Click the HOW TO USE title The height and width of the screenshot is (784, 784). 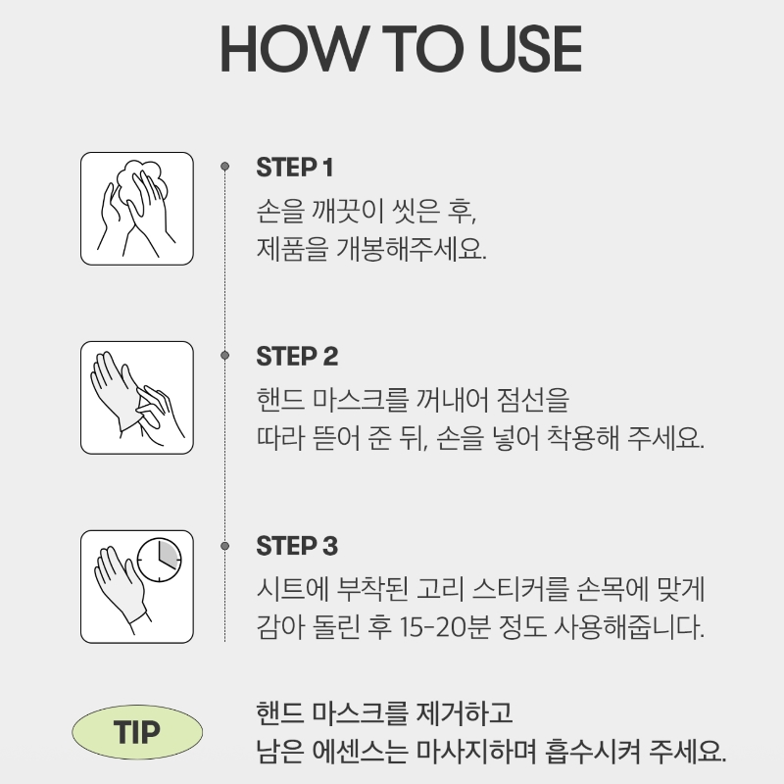pyautogui.click(x=401, y=49)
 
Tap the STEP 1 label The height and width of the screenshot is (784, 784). pyautogui.click(x=295, y=168)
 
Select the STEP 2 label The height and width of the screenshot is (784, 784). pyautogui.click(x=297, y=357)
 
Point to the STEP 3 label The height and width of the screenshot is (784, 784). pyautogui.click(x=297, y=546)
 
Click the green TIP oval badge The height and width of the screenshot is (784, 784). pyautogui.click(x=137, y=732)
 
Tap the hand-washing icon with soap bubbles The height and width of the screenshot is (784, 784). pyautogui.click(x=137, y=209)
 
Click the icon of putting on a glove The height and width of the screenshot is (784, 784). pyautogui.click(x=137, y=398)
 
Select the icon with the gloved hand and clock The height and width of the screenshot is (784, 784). pyautogui.click(x=137, y=587)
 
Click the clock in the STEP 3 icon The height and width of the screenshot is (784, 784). pyautogui.click(x=159, y=560)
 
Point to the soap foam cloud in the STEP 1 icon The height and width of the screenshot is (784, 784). pyautogui.click(x=141, y=182)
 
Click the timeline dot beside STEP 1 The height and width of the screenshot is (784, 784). pyautogui.click(x=225, y=166)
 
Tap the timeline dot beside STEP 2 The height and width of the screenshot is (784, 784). pyautogui.click(x=225, y=356)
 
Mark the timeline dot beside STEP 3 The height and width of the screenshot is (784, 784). pyautogui.click(x=225, y=546)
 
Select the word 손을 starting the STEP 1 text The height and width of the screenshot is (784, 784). pyautogui.click(x=280, y=211)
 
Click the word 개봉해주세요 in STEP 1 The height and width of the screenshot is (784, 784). pyautogui.click(x=411, y=249)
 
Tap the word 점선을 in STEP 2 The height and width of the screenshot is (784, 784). pyautogui.click(x=533, y=400)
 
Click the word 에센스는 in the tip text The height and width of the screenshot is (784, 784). pyautogui.click(x=360, y=751)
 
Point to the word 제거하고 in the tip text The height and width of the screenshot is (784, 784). pyautogui.click(x=465, y=712)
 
